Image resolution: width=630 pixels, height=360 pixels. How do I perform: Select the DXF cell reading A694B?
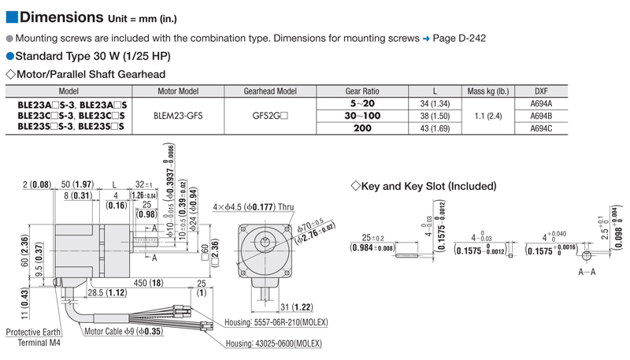pos(542,115)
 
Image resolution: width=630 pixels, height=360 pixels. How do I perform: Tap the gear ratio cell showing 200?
pos(362,127)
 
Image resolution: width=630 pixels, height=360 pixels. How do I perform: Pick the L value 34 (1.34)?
pos(435,103)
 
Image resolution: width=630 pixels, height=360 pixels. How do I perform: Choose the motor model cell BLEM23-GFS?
pos(178,115)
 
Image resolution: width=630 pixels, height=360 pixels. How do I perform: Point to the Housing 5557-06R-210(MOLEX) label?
pos(276,323)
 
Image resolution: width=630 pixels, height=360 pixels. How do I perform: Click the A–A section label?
pos(587,270)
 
